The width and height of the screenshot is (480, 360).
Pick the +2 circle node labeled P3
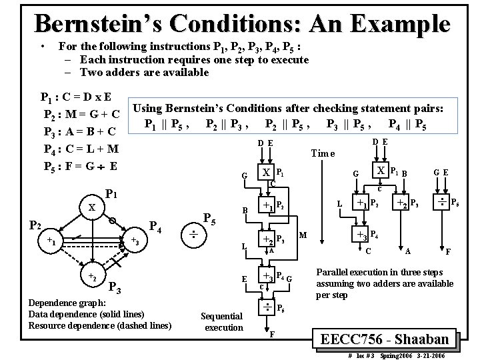pyautogui.click(x=91, y=275)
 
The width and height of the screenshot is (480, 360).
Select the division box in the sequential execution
pyautogui.click(x=267, y=307)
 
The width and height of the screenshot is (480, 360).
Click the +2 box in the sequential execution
pyautogui.click(x=267, y=241)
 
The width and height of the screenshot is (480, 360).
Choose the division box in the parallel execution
pyautogui.click(x=441, y=201)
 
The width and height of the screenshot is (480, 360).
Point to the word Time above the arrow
pyautogui.click(x=323, y=153)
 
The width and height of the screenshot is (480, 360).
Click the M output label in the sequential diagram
pyautogui.click(x=303, y=235)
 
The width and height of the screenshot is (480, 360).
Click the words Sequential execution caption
pyautogui.click(x=223, y=322)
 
